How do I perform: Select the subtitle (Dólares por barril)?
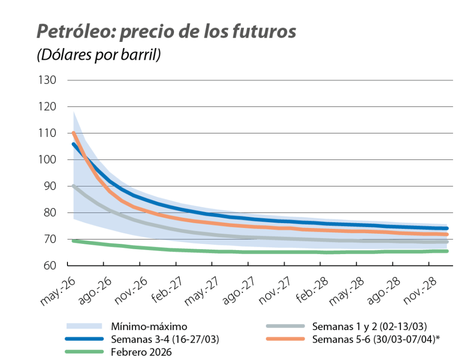click(x=99, y=55)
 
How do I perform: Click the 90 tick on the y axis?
click(x=50, y=186)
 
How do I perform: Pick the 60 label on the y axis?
click(x=50, y=266)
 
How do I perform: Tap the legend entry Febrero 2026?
click(x=141, y=352)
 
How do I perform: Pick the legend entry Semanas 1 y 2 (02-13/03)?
click(x=369, y=326)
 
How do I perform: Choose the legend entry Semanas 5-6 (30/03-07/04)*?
click(x=376, y=339)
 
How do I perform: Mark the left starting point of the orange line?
click(x=73, y=133)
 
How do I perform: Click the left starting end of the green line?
click(x=73, y=240)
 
